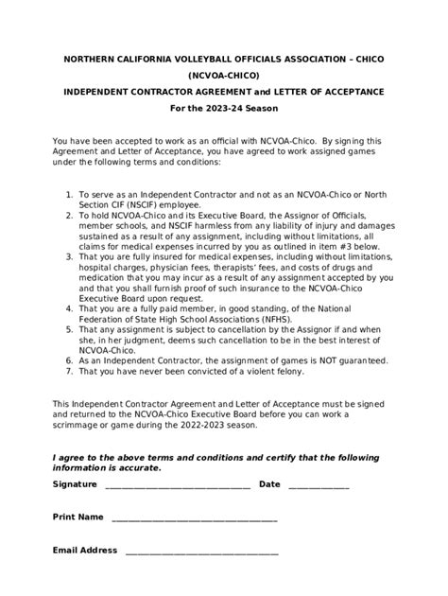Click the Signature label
[75, 483]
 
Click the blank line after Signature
[177, 485]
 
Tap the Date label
[269, 483]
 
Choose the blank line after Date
[319, 485]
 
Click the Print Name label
[78, 517]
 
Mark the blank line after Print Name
[194, 519]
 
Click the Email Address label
[85, 550]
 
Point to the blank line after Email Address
[201, 552]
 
